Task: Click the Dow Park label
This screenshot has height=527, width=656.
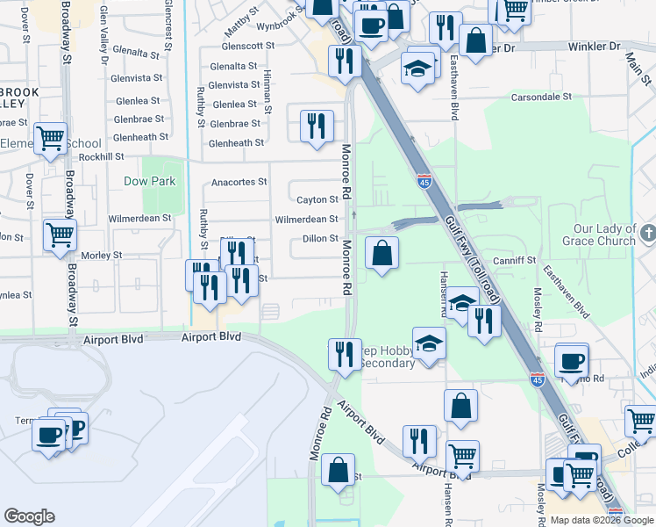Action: coord(149,182)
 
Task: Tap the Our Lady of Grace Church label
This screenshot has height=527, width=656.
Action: coord(604,235)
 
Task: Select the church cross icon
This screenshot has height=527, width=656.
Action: coord(647,234)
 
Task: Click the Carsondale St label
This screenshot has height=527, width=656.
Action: coord(541,97)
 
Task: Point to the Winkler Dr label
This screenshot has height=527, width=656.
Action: coord(594,46)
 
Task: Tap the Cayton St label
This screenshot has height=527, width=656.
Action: coord(317,200)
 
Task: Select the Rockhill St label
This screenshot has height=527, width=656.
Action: coord(101,157)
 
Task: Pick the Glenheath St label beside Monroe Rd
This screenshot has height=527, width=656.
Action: coord(237,143)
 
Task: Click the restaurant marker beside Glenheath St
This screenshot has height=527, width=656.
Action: coord(316,126)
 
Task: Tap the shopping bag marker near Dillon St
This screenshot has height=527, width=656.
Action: coord(381,255)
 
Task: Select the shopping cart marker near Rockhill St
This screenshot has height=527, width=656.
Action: coord(51,138)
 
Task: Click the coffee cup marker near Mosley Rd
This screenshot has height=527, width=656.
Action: coord(572,360)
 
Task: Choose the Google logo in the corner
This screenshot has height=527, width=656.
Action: coord(29,516)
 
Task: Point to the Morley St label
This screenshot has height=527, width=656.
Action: coord(101,256)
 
